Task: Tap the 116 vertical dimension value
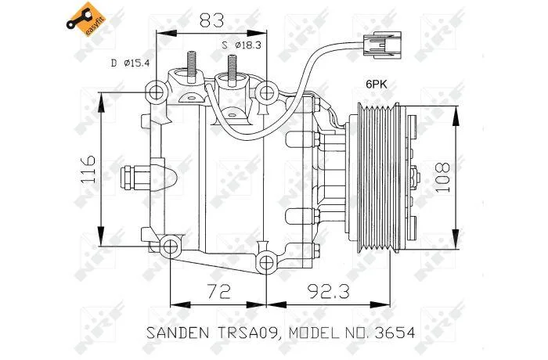(88, 170)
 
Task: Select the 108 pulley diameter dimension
(442, 177)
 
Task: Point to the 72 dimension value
(218, 291)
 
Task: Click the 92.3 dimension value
(329, 291)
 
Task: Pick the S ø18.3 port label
(242, 45)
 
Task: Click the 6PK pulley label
(377, 84)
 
